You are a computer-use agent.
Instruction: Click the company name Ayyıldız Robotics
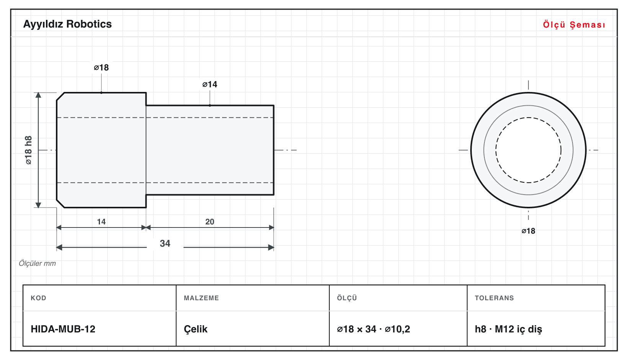(67, 24)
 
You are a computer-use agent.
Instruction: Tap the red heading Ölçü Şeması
(574, 25)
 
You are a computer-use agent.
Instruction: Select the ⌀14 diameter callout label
(210, 84)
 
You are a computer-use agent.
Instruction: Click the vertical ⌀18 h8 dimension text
(28, 150)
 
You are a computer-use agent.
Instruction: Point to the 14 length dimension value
(101, 222)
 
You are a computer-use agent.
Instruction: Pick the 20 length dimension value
(210, 222)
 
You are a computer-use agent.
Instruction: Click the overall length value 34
(165, 243)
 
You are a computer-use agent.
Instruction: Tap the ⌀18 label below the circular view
(528, 231)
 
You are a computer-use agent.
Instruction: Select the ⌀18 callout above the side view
(101, 67)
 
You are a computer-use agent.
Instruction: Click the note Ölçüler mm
(37, 263)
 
